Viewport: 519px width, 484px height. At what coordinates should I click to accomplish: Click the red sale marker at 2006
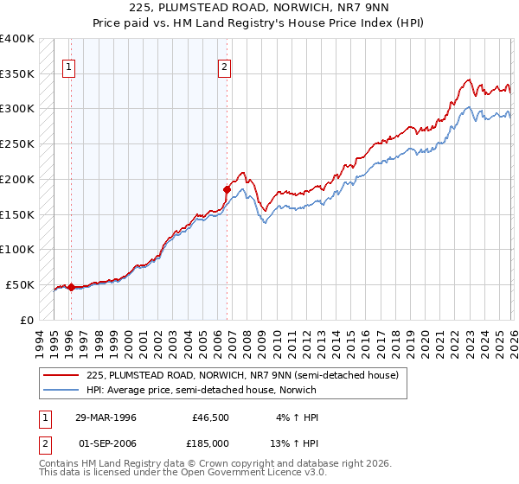point(227,188)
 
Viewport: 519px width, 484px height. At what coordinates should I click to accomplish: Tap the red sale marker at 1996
point(71,287)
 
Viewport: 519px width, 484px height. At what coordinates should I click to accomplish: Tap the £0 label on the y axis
point(27,319)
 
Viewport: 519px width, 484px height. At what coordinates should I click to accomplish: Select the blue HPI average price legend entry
point(207,390)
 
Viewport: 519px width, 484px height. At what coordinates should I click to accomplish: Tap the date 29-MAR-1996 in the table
point(106,417)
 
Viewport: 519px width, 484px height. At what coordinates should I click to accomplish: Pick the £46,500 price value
point(211,417)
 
